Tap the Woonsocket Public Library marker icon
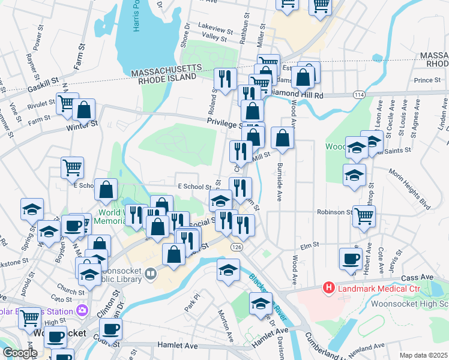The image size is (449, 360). pos(149,274)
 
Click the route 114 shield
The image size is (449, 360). pos(358,95)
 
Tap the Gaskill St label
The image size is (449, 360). pos(41,84)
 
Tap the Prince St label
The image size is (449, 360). pos(427,80)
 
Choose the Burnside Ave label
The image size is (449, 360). pos(279,180)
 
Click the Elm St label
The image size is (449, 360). pos(309,245)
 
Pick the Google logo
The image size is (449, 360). pos(19,353)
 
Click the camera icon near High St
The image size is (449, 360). pos(82,311)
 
